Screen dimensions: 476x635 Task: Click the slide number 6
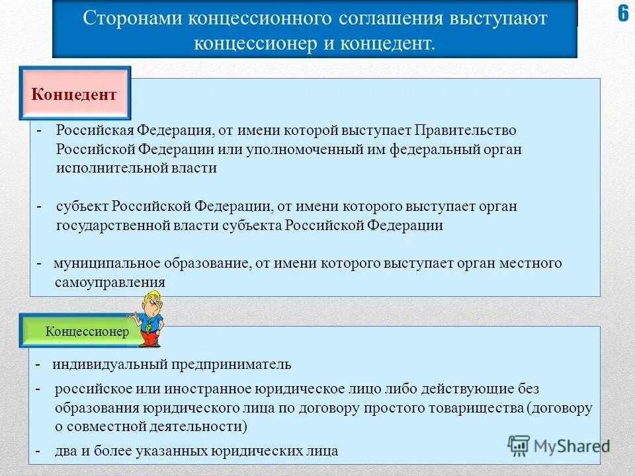[x=623, y=15]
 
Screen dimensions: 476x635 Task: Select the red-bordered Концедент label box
[x=74, y=95]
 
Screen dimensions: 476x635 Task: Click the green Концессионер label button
[x=87, y=332]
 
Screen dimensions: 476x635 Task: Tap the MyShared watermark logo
[x=558, y=446]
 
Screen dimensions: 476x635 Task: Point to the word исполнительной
[x=105, y=169]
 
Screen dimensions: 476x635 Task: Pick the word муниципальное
[x=106, y=263]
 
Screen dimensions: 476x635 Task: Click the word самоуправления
[x=110, y=282]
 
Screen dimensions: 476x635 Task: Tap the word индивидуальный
[x=112, y=364]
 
